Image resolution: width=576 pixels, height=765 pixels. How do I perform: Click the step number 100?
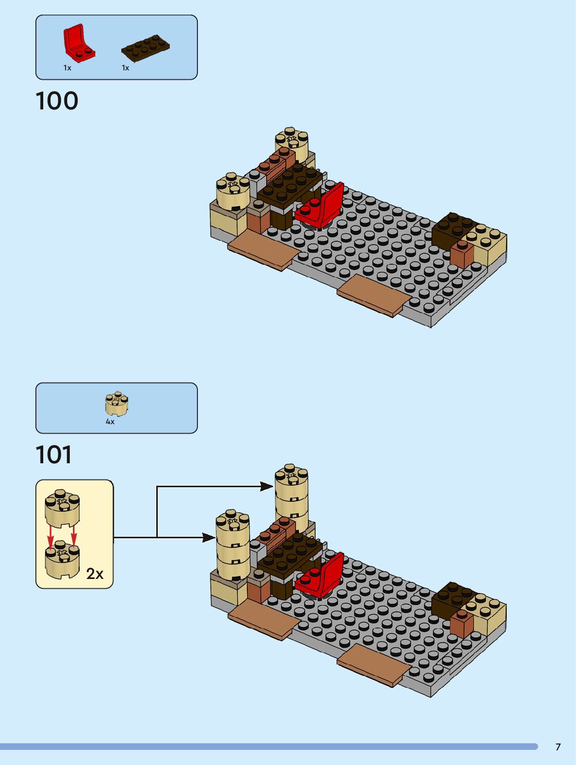pos(57,101)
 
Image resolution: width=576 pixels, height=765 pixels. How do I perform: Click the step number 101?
pos(54,455)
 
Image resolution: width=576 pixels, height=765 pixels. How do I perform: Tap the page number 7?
pos(558,747)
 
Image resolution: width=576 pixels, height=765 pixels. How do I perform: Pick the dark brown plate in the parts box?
pos(145,48)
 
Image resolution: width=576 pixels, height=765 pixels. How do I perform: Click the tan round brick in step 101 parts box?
pos(117,404)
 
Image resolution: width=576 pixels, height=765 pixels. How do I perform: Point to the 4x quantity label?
pos(110,422)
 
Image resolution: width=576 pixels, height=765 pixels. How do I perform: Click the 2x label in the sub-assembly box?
pos(95,574)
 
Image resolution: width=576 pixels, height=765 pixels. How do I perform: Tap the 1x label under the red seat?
pos(67,68)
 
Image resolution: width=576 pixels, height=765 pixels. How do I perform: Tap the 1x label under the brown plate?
pos(125,68)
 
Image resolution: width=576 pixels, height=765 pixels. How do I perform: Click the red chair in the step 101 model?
pos(322,577)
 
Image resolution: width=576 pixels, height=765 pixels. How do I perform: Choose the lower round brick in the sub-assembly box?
pos(62,561)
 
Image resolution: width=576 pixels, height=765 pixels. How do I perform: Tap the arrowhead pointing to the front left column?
pos(209,537)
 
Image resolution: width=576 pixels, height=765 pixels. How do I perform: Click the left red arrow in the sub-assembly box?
pos(51,536)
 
